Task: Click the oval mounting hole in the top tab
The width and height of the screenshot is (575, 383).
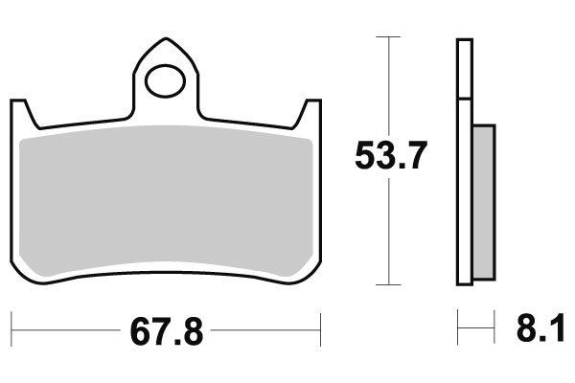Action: [164, 77]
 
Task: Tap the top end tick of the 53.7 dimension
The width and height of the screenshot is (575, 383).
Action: [386, 36]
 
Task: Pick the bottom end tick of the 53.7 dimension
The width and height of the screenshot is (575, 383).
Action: [386, 284]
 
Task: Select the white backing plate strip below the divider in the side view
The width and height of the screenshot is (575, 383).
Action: [466, 191]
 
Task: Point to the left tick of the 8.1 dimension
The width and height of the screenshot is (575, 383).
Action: [457, 331]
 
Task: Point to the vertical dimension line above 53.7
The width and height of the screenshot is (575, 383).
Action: [386, 86]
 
